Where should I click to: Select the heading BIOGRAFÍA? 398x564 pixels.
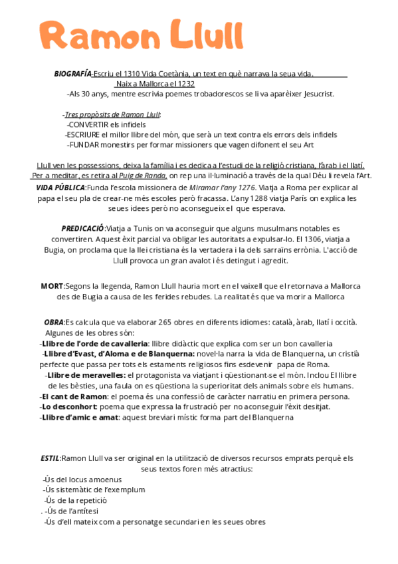(x=72, y=73)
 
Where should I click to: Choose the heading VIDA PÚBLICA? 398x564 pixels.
(x=60, y=188)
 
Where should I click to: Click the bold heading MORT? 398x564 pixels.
(x=52, y=286)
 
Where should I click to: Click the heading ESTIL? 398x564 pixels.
(x=50, y=458)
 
